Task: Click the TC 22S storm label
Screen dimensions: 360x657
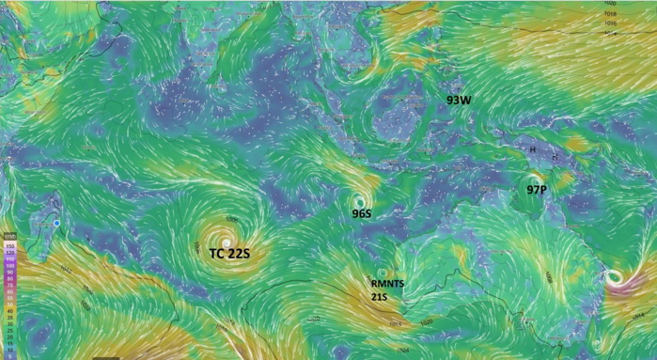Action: click(229, 253)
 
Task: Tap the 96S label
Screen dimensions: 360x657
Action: click(362, 214)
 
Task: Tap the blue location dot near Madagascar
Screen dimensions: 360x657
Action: click(57, 223)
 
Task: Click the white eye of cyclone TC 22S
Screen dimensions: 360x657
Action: click(226, 243)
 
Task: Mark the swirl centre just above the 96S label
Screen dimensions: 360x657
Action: click(358, 201)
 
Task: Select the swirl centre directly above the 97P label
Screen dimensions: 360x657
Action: click(534, 179)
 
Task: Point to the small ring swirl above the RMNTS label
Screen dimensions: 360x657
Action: click(381, 272)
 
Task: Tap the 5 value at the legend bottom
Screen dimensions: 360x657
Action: click(8, 354)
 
